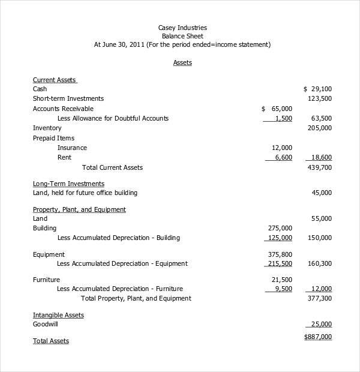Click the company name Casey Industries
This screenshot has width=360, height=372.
(182, 28)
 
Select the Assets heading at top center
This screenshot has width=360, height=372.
(182, 62)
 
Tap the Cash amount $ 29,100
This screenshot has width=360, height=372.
(317, 89)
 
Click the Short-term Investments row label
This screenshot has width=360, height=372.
(68, 98)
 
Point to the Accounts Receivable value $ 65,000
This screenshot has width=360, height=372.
(277, 109)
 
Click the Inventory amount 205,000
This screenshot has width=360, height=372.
(319, 128)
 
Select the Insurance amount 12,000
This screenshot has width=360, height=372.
(282, 148)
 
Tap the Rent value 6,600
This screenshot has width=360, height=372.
(283, 157)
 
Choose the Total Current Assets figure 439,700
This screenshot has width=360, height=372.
(319, 167)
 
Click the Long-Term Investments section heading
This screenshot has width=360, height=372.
(68, 184)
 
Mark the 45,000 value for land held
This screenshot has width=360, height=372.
(322, 193)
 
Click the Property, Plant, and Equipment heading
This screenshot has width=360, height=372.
(79, 209)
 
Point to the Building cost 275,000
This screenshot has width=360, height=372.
(280, 228)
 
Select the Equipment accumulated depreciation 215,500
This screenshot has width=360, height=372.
(280, 263)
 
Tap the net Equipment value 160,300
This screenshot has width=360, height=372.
(319, 263)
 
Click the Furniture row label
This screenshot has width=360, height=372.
(46, 280)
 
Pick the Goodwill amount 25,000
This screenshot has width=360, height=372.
(322, 324)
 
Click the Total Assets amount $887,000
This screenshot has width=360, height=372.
(318, 337)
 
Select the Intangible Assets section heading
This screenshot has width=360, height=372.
(58, 315)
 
